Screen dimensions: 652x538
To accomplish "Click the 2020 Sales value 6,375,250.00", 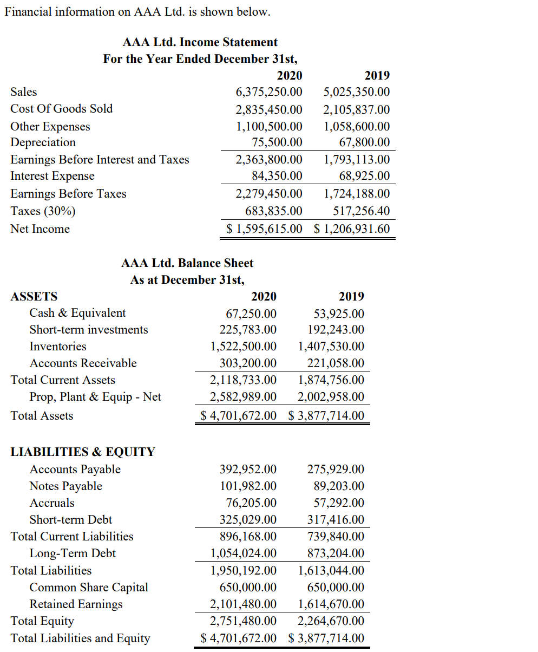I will pyautogui.click(x=269, y=92).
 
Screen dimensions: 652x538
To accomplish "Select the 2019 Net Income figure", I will pyautogui.click(x=352, y=229).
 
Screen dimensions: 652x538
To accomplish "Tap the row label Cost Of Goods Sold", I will pyautogui.click(x=62, y=109).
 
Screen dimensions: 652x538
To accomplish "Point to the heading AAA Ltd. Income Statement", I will pyautogui.click(x=200, y=42).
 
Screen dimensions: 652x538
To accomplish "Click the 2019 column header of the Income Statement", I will pyautogui.click(x=377, y=75).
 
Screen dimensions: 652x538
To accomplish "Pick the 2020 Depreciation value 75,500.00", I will pyautogui.click(x=277, y=142).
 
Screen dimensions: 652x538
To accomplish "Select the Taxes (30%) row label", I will pyautogui.click(x=43, y=211).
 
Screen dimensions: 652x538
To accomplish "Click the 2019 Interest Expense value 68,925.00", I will pyautogui.click(x=364, y=176).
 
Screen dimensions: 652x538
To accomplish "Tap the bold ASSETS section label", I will pyautogui.click(x=34, y=297).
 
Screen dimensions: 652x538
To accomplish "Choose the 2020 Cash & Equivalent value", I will pyautogui.click(x=251, y=314).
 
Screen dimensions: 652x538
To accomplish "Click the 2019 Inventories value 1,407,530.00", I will pyautogui.click(x=331, y=347).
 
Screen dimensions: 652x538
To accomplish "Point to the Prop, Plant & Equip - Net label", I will pyautogui.click(x=95, y=397).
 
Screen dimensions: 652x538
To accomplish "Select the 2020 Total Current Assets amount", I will pyautogui.click(x=243, y=380).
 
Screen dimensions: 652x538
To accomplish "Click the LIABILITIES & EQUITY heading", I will pyautogui.click(x=83, y=452).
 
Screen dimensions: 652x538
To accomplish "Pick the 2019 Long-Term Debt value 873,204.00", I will pyautogui.click(x=336, y=553).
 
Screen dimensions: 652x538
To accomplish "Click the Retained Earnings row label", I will pyautogui.click(x=76, y=604).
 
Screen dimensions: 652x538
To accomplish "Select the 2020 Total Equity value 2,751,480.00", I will pyautogui.click(x=243, y=621).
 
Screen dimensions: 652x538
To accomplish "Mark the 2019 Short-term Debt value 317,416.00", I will pyautogui.click(x=336, y=520).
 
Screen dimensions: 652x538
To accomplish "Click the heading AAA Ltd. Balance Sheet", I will pyautogui.click(x=187, y=264).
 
